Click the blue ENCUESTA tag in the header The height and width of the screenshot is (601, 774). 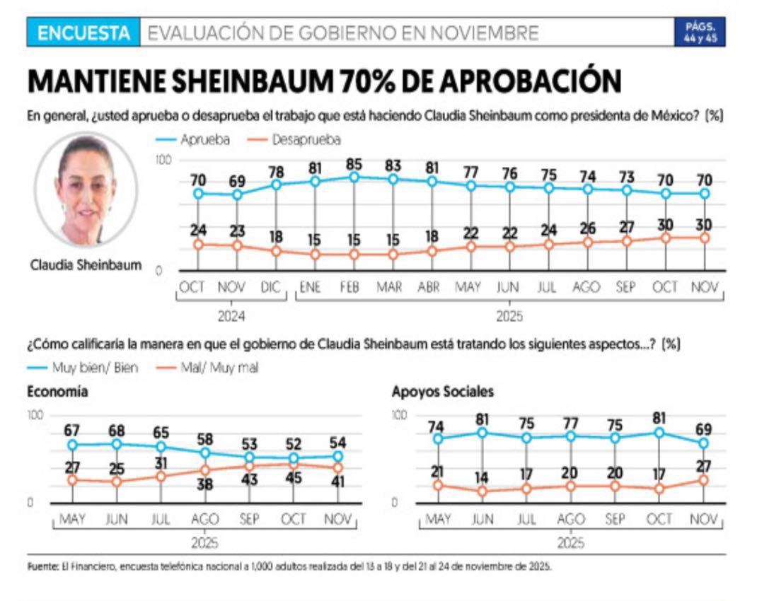coord(84,33)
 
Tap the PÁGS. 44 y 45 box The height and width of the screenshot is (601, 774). coord(699,33)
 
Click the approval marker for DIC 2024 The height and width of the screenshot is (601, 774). coord(277,185)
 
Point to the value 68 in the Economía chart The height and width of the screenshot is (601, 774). coord(117,431)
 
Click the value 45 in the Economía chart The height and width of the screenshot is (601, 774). coord(293,478)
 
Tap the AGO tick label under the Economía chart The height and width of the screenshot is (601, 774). coord(205,519)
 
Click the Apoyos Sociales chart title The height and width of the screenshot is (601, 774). coord(443,392)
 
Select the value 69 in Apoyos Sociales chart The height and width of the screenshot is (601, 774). coord(703,430)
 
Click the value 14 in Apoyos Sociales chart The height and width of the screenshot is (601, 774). coord(482,478)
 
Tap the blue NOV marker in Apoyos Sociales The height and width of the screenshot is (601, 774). coord(703,443)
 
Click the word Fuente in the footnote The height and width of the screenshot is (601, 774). coord(41,567)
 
